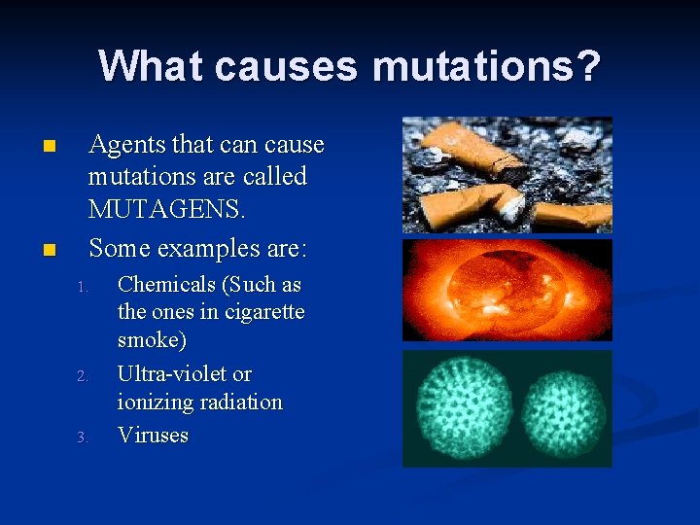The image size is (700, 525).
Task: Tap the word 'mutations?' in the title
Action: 486,66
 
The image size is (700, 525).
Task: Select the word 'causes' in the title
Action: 287,66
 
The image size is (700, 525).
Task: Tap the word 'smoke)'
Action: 152,341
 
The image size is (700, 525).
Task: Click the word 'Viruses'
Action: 153,435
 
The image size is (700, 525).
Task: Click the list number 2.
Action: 83,376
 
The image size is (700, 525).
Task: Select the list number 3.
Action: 83,437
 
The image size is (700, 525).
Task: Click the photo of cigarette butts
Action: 507,174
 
